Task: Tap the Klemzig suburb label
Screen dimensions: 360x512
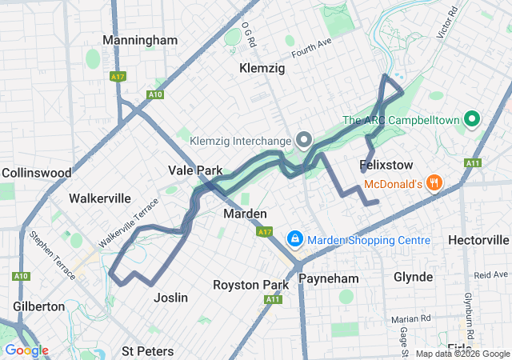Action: click(x=262, y=69)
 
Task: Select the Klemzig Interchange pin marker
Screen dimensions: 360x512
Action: click(x=304, y=140)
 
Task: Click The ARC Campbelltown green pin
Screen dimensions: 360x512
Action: click(x=471, y=121)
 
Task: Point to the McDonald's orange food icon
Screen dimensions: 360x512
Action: click(x=434, y=183)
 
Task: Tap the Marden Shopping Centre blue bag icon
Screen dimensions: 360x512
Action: click(x=295, y=239)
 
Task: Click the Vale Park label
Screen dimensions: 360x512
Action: click(x=195, y=170)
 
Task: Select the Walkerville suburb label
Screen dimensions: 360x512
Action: click(x=100, y=198)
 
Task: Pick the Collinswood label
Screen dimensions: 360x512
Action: click(x=37, y=172)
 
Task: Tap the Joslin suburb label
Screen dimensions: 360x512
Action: click(x=170, y=298)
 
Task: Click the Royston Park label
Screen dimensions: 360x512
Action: click(x=250, y=285)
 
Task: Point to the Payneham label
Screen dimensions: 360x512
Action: click(x=325, y=278)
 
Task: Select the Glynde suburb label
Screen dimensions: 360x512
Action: click(x=413, y=277)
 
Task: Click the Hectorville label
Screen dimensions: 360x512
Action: click(x=479, y=240)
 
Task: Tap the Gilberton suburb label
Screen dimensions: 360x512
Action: click(x=38, y=306)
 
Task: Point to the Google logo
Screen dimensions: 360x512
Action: click(x=26, y=350)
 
